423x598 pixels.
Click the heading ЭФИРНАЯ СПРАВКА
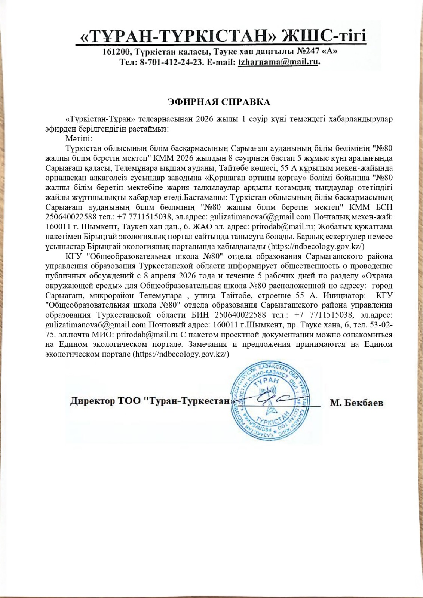click(x=219, y=102)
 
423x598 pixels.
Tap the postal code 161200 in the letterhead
click(x=116, y=52)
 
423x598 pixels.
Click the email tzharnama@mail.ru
click(x=279, y=62)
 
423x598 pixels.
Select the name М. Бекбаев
click(x=356, y=403)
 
